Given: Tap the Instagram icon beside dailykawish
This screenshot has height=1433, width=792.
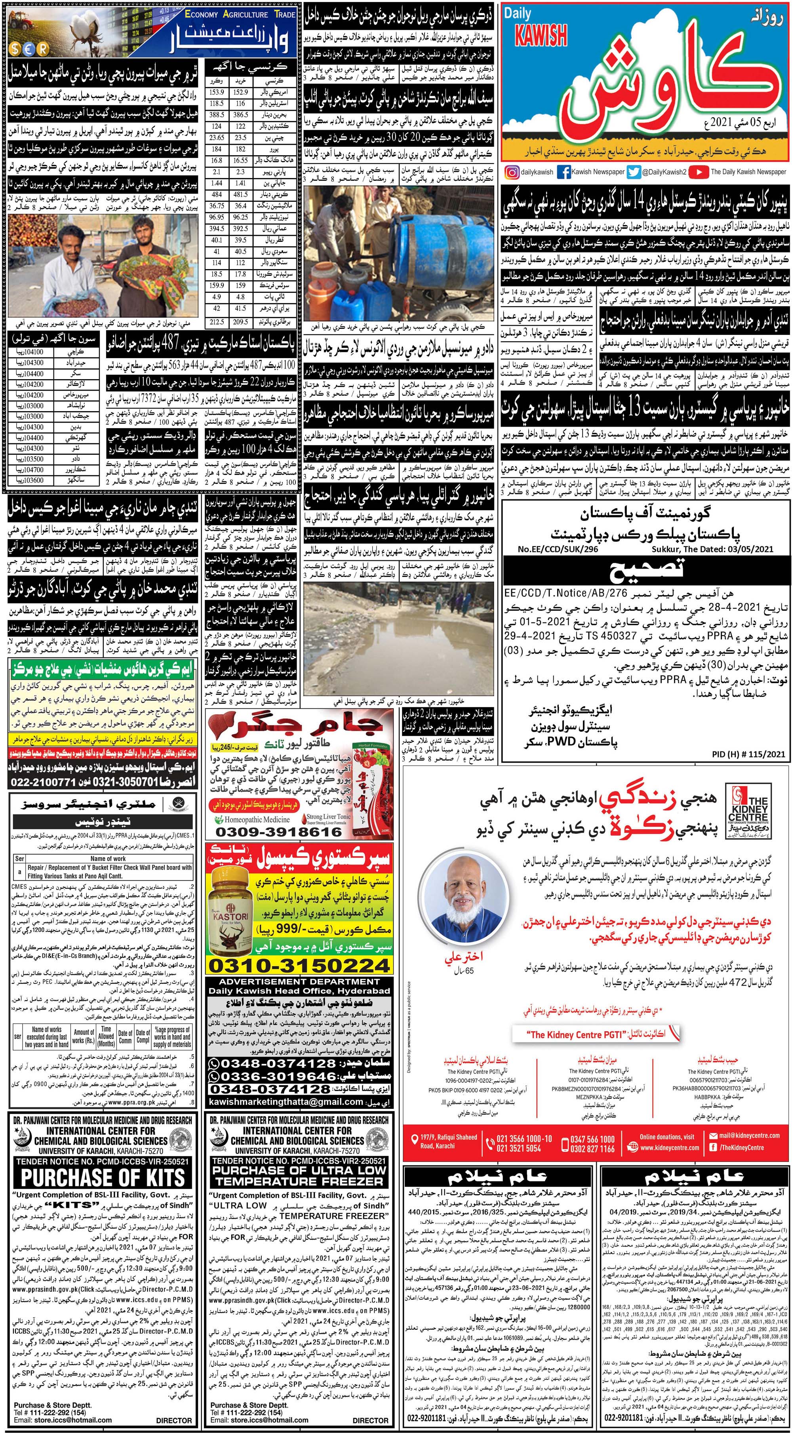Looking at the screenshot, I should (510, 172).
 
